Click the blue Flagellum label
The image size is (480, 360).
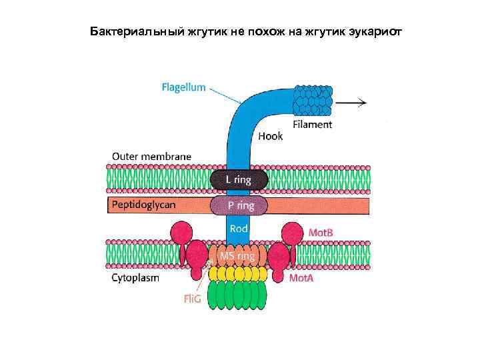coord(183,87)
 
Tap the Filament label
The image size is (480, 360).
coord(312,125)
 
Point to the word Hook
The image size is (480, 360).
coord(270,136)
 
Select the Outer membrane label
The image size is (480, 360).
coord(151,157)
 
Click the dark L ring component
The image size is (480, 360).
coord(239,179)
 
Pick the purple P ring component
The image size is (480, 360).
coord(239,205)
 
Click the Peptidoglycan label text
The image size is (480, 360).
coord(144,205)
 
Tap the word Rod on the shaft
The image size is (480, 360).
coord(239,228)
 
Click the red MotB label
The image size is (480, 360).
coord(321,232)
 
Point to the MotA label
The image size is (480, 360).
coord(301,277)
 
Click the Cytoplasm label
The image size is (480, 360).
coord(135,278)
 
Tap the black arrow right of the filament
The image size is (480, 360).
coord(351,102)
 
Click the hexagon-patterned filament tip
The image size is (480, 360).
coord(313,102)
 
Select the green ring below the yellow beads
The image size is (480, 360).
coord(238,295)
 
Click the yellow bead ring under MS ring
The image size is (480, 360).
coord(238,273)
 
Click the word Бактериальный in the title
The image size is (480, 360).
coord(127,31)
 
